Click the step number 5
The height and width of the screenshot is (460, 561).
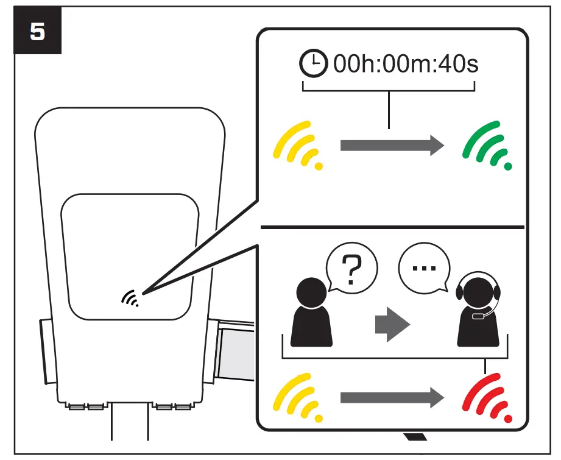(37, 32)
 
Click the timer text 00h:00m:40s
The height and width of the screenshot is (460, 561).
(406, 64)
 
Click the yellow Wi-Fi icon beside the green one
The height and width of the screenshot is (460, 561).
(300, 146)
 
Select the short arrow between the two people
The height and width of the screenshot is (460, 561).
(389, 324)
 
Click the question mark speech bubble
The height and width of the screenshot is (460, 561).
(352, 271)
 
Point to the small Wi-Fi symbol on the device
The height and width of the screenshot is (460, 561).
(130, 297)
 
